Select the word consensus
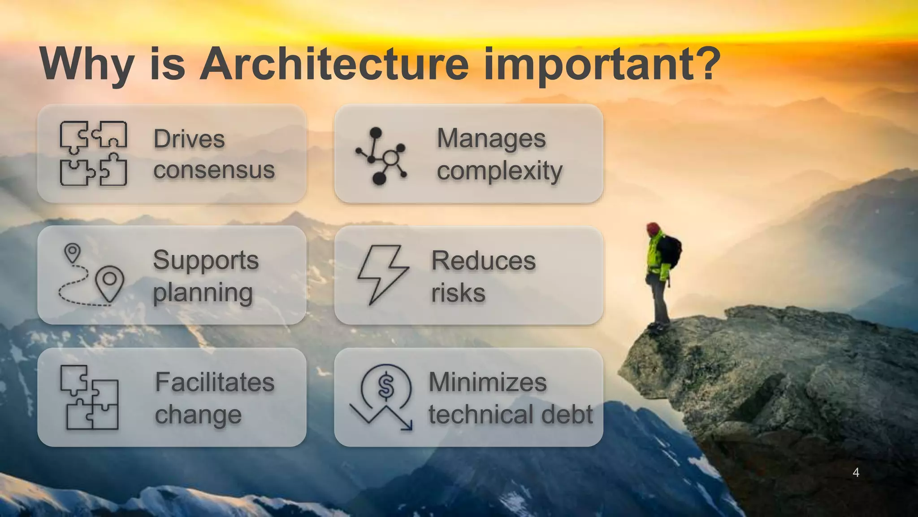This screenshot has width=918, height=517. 214,170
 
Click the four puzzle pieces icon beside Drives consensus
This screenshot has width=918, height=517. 93,153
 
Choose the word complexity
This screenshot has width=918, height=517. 499,171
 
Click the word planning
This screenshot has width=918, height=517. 203,293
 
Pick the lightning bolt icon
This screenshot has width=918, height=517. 382,274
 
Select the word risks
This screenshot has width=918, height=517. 458,293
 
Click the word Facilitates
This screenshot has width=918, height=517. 215,382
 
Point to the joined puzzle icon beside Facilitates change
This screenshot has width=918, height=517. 90,398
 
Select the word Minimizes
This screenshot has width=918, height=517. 488,382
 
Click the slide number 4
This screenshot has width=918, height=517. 856,473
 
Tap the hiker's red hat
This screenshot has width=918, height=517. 653,228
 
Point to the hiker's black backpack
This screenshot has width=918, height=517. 671,251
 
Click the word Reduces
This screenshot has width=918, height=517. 483,261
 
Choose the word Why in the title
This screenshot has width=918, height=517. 87,65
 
